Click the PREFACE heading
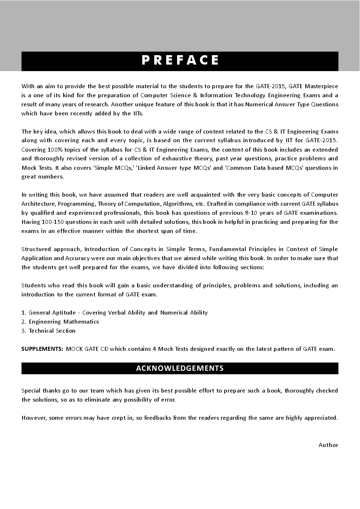point(180,60)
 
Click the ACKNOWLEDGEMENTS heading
point(180,368)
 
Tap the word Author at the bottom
point(328,445)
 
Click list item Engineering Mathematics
point(64,322)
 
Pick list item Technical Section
point(52,331)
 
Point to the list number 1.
point(24,313)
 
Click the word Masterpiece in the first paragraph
point(321,86)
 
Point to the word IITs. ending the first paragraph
point(138,114)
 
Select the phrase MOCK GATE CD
point(87,349)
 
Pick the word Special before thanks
point(31,391)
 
